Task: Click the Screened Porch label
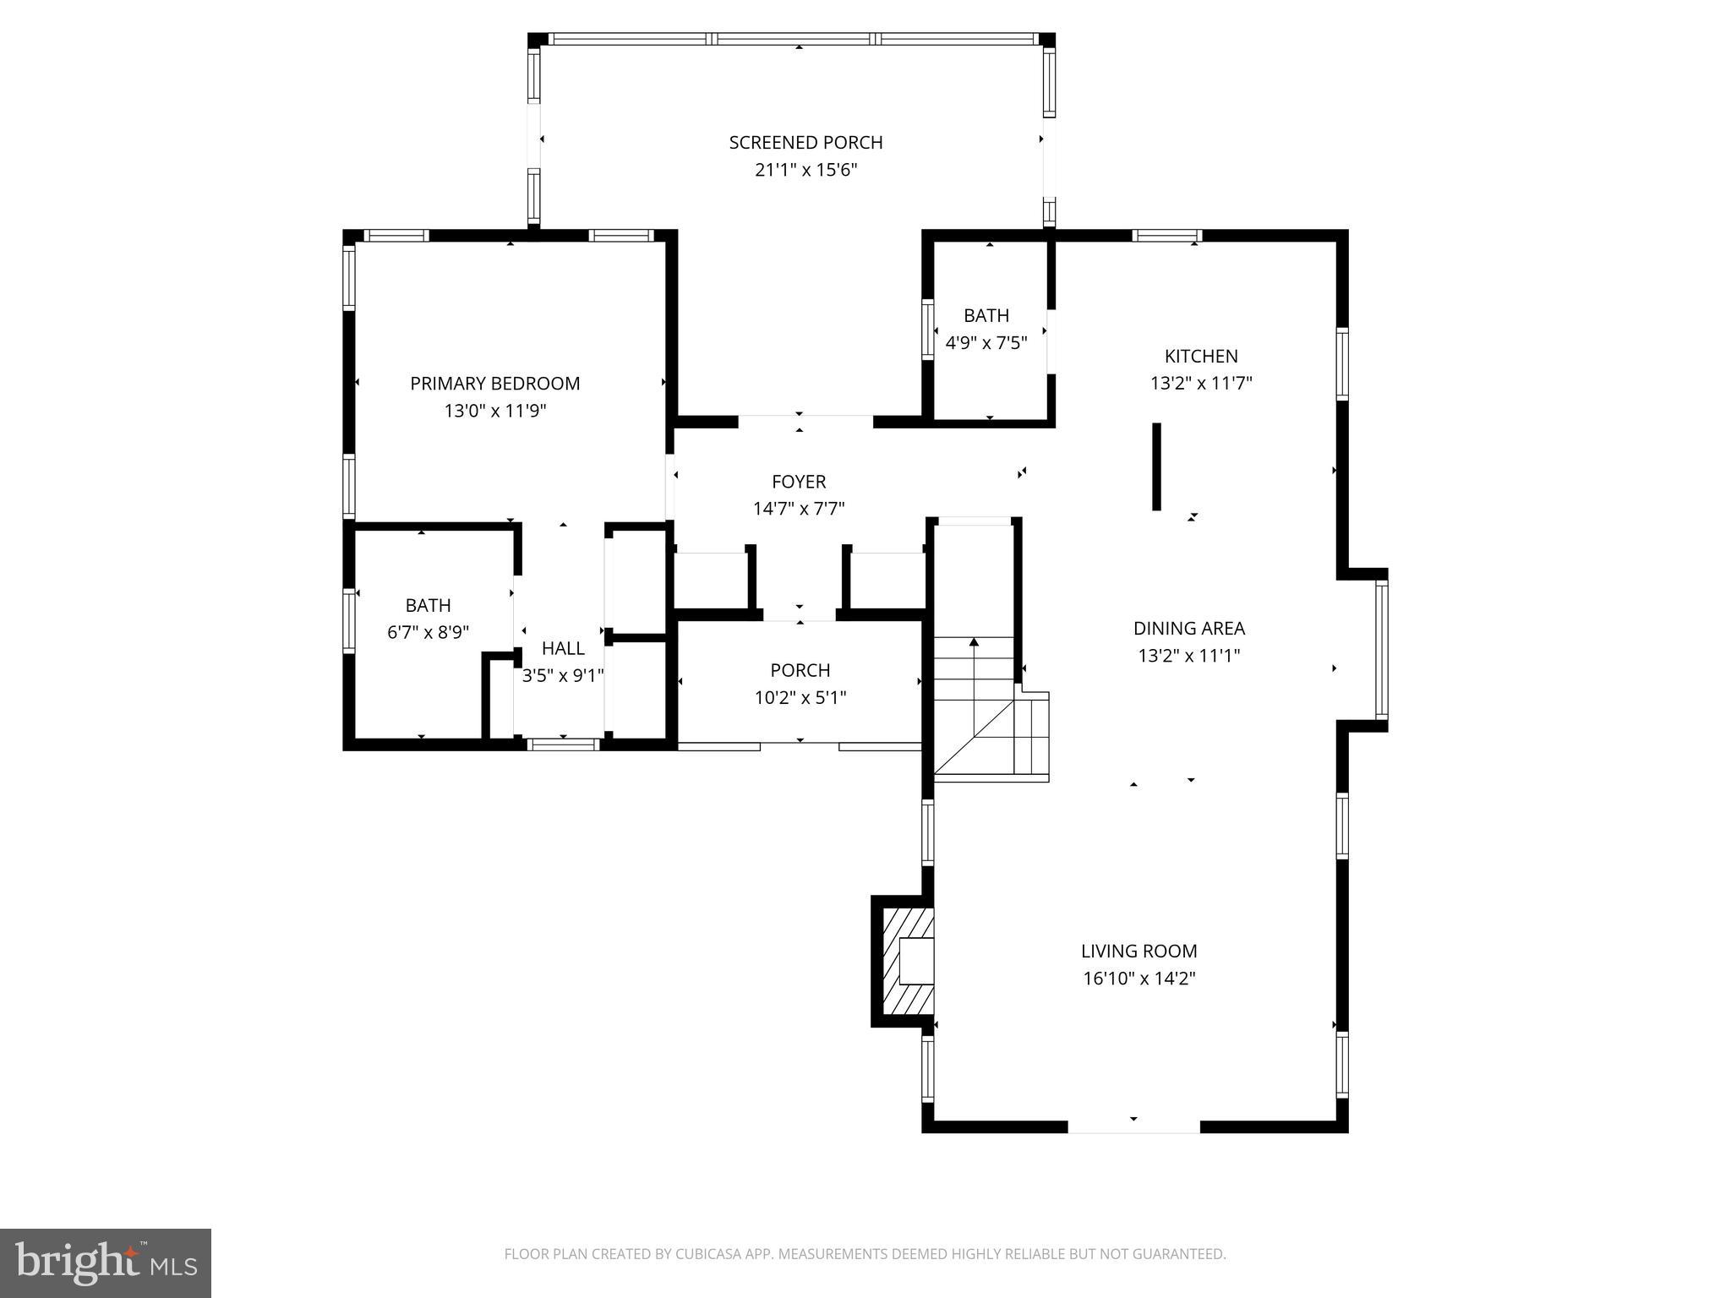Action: (x=805, y=143)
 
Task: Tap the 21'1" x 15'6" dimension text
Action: (x=805, y=170)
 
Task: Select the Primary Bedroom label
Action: (x=494, y=384)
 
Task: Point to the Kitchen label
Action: (x=1200, y=357)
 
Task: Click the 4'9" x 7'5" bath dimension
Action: (x=986, y=343)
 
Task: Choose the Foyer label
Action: (x=798, y=482)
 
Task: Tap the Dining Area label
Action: (x=1188, y=629)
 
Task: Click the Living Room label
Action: (x=1139, y=952)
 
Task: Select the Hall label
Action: (x=563, y=648)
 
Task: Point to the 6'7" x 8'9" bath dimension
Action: (x=428, y=633)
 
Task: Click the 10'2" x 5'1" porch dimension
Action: (x=800, y=698)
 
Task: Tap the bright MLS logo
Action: (x=106, y=1263)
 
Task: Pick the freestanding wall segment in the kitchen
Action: (x=1156, y=466)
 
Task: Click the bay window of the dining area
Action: (x=1381, y=649)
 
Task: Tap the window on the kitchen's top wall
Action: (x=1166, y=236)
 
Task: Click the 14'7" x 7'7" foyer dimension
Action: (x=798, y=509)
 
